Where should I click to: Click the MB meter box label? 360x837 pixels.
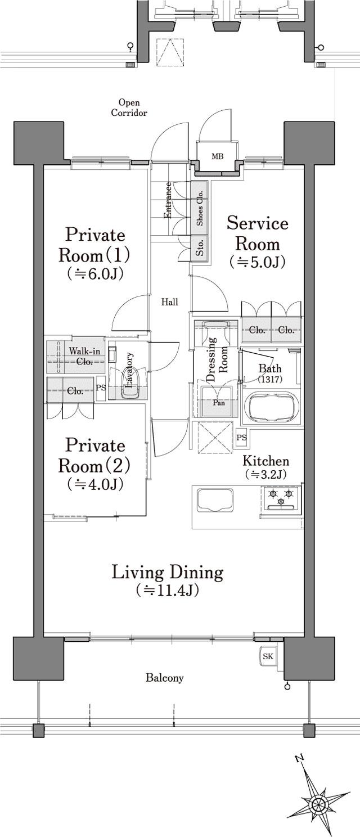pyautogui.click(x=218, y=156)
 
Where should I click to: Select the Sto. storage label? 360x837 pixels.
pyautogui.click(x=200, y=247)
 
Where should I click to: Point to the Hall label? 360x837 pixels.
pyautogui.click(x=170, y=302)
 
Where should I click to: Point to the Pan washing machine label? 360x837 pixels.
pyautogui.click(x=219, y=403)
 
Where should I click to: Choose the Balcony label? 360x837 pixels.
pyautogui.click(x=165, y=677)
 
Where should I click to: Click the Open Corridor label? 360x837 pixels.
pyautogui.click(x=129, y=107)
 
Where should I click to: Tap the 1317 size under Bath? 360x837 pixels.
pyautogui.click(x=270, y=379)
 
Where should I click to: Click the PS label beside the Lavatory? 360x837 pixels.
pyautogui.click(x=101, y=388)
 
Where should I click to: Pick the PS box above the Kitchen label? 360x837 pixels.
pyautogui.click(x=241, y=437)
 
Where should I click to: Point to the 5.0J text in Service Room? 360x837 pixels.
pyautogui.click(x=258, y=262)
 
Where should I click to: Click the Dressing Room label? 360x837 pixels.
pyautogui.click(x=217, y=359)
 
